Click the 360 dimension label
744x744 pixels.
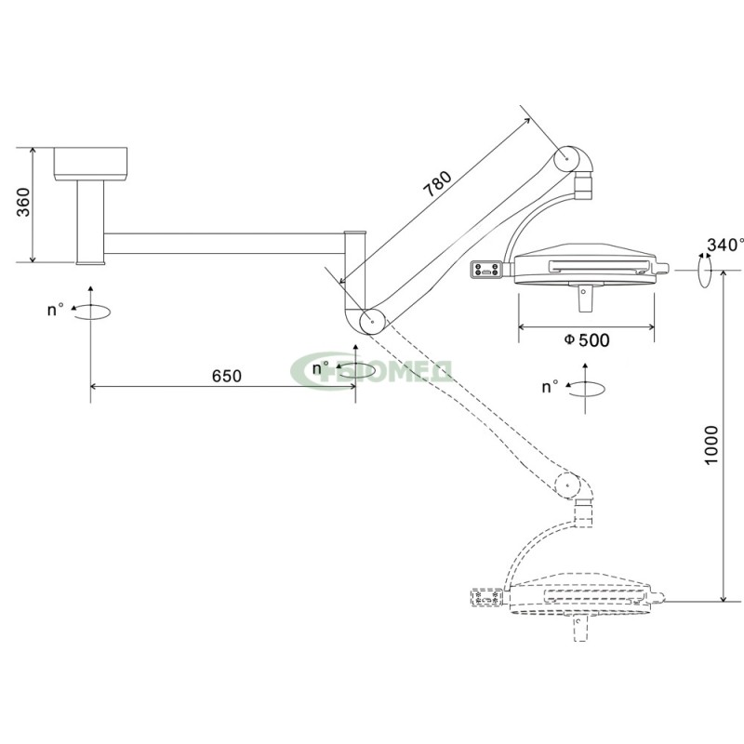point(24,203)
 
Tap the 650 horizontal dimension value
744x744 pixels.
point(226,376)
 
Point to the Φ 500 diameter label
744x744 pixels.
point(587,340)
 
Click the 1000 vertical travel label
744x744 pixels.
point(711,445)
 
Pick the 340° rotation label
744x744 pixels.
point(725,245)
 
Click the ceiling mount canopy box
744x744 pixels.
point(90,165)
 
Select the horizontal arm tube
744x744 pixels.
point(224,244)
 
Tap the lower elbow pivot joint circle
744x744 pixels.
point(372,322)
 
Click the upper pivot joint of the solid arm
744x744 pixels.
point(566,158)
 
